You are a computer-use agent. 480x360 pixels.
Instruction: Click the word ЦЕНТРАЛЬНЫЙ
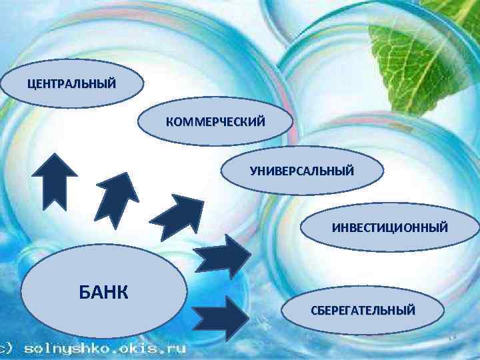[x=71, y=84]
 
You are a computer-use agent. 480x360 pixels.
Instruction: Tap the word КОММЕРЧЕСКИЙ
[x=215, y=122]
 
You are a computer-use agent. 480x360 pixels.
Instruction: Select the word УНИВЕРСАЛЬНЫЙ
[x=302, y=171]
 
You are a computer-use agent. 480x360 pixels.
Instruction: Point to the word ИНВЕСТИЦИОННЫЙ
[x=390, y=228]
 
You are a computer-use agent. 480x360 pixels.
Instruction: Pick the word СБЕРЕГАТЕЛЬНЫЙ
[x=363, y=311]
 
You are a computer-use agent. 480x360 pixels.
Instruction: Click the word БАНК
[x=104, y=291]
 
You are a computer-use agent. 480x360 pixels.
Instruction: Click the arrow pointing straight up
[x=55, y=180]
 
